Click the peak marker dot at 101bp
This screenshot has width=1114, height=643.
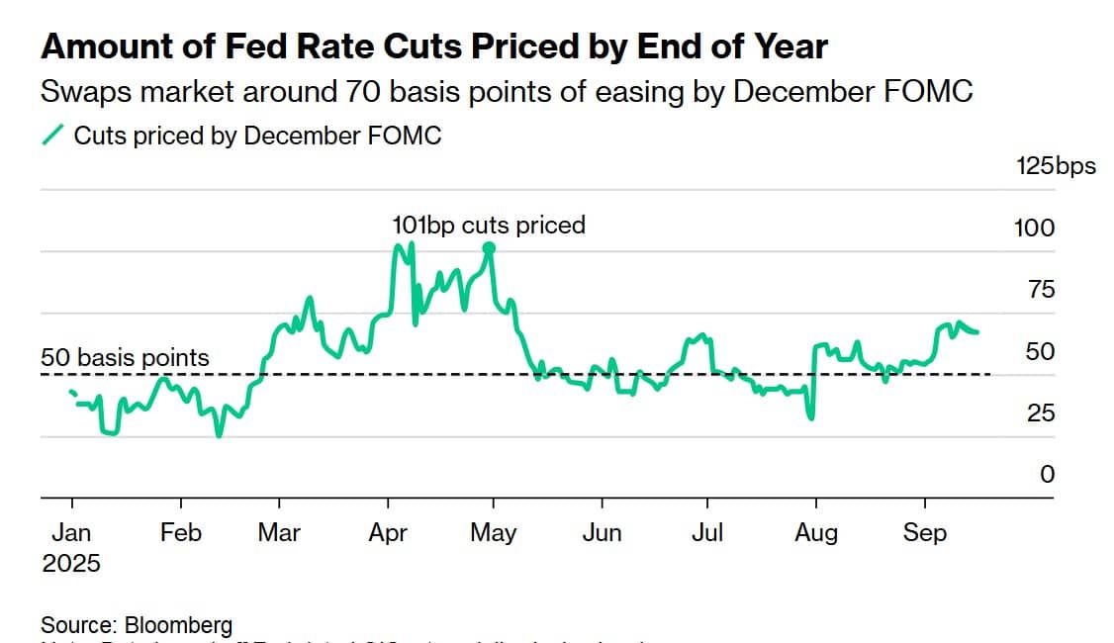click(489, 248)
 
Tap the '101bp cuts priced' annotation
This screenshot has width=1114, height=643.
click(489, 226)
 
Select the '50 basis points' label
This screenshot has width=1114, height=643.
click(126, 357)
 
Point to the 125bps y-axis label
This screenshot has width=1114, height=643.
click(1056, 165)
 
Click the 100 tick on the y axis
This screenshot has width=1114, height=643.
click(1034, 228)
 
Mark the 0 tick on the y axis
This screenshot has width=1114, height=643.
click(1046, 474)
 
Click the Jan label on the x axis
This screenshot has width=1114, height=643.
click(71, 532)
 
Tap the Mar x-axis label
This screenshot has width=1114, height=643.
click(278, 532)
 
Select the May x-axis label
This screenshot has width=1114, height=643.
click(493, 532)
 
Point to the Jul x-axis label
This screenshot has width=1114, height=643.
click(706, 532)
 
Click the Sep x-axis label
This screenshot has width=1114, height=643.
click(924, 532)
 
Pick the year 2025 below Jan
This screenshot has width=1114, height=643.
click(71, 563)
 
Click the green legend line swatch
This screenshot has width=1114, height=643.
click(53, 136)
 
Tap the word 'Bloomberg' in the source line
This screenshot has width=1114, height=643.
click(178, 625)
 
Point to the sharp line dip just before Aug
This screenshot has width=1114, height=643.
click(811, 417)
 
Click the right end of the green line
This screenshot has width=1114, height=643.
click(977, 331)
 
